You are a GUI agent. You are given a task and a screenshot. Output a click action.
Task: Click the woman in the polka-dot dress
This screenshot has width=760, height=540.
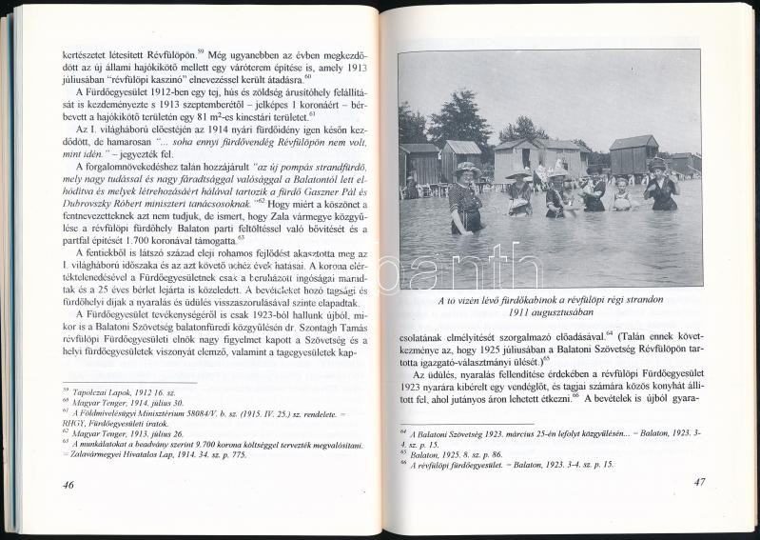[x=466, y=195]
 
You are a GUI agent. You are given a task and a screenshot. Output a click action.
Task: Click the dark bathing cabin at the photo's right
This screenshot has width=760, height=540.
[x=633, y=154]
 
